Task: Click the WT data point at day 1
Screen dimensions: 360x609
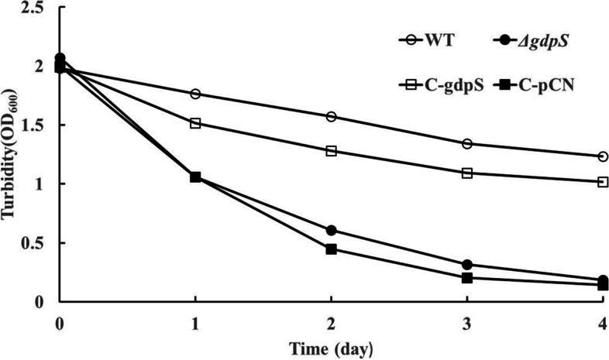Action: click(x=195, y=94)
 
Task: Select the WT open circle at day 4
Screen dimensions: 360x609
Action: click(x=603, y=156)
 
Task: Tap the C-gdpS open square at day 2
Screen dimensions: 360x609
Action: click(x=332, y=151)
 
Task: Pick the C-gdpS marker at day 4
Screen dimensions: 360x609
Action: click(x=603, y=182)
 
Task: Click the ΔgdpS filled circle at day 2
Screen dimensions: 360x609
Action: click(x=332, y=230)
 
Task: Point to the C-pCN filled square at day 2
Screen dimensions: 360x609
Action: click(x=332, y=249)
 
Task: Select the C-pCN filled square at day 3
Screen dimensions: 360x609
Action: click(x=467, y=278)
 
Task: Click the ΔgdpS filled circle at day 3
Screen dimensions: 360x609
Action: click(x=467, y=265)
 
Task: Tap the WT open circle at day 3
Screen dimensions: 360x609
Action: click(x=467, y=143)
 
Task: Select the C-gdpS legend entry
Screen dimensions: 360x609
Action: click(x=439, y=82)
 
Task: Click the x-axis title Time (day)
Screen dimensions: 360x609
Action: click(x=332, y=348)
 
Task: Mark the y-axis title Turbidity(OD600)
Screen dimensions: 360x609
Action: click(x=11, y=155)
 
